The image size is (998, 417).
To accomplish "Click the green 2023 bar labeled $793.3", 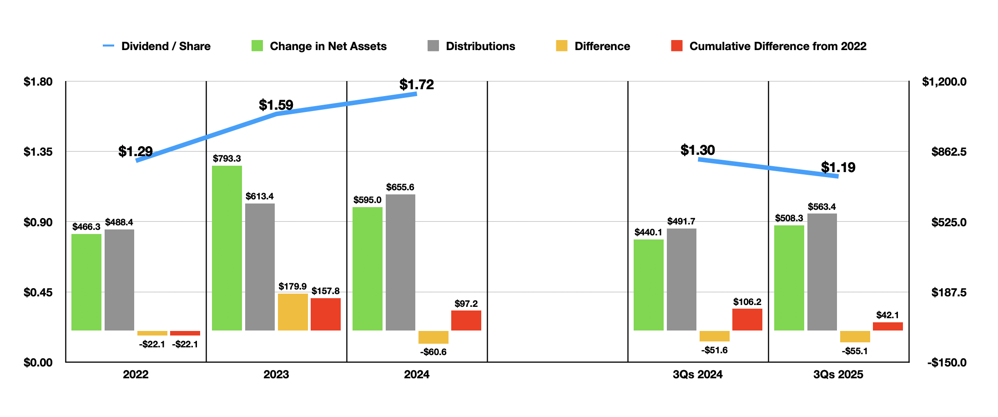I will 227,248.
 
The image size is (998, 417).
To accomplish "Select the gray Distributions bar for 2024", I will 400,262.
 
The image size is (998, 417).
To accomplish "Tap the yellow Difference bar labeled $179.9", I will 292,312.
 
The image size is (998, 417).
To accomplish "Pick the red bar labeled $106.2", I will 747,320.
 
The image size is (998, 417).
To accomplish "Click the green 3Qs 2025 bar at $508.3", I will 789,278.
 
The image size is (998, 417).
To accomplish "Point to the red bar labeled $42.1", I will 887,326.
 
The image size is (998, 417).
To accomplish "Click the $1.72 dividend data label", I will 416,85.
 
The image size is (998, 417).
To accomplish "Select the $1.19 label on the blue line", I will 838,168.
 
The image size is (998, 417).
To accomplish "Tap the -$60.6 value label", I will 433,352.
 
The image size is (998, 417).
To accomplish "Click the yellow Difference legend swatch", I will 561,46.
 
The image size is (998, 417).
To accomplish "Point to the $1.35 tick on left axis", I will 38,152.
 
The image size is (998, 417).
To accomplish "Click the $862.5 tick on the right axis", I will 948,152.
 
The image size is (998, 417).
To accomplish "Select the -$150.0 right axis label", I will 947,362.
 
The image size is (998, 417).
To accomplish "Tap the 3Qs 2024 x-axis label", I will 697,374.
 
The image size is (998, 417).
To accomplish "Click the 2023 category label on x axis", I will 276,374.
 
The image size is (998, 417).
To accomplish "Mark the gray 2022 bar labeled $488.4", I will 119,280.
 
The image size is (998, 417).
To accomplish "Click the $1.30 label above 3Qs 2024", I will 697,150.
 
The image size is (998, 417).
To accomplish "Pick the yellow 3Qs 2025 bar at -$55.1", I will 855,336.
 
